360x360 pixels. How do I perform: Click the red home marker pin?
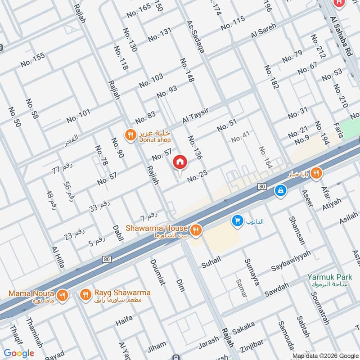pyautogui.click(x=180, y=162)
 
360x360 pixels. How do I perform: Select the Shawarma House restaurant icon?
pyautogui.click(x=196, y=230)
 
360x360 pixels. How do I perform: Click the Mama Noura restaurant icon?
pyautogui.click(x=62, y=295)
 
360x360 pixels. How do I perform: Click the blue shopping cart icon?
pyautogui.click(x=236, y=220)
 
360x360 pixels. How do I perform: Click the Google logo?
pyautogui.click(x=19, y=353)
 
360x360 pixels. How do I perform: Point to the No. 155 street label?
pyautogui.click(x=33, y=60)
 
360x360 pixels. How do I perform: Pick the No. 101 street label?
pyautogui.click(x=79, y=116)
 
